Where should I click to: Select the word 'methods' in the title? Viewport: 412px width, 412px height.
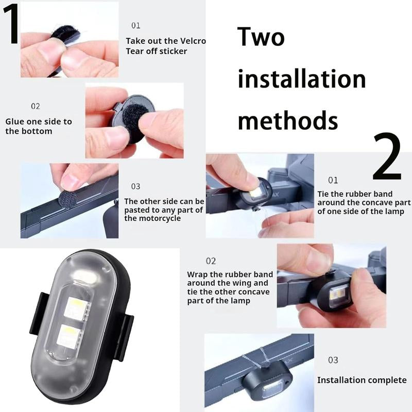pyautogui.click(x=287, y=119)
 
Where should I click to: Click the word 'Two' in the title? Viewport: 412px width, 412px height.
pyautogui.click(x=261, y=38)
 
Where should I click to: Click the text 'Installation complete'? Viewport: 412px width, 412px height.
pyautogui.click(x=362, y=380)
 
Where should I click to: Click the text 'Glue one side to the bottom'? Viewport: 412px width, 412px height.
pyautogui.click(x=38, y=126)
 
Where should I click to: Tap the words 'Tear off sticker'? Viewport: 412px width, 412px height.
pyautogui.click(x=156, y=50)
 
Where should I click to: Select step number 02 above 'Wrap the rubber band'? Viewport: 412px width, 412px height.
pyautogui.click(x=211, y=261)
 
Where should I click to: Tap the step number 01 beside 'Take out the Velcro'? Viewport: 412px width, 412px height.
pyautogui.click(x=135, y=25)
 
